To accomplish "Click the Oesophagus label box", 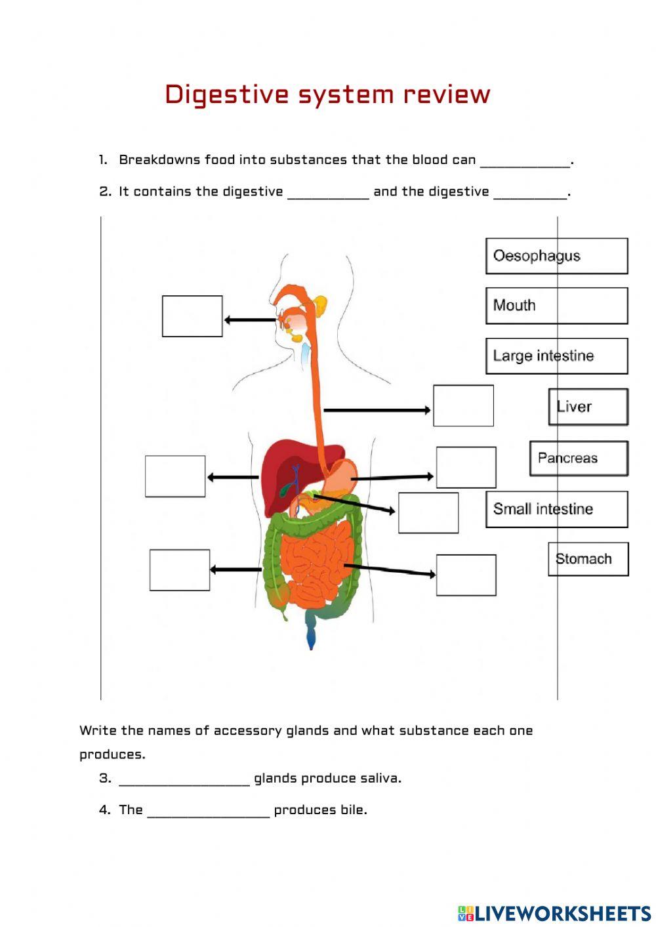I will (556, 256).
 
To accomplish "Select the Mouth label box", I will (556, 306).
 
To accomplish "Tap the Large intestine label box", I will (556, 356).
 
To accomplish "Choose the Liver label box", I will (588, 407).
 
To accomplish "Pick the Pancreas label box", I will (579, 458).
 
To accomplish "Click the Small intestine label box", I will (556, 509).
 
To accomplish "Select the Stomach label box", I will (588, 559).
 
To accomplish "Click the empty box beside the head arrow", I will (192, 316).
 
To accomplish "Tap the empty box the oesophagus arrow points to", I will (463, 405).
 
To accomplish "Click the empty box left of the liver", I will (175, 476).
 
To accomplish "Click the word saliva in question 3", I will (380, 779).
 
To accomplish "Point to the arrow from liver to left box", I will (233, 477).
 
